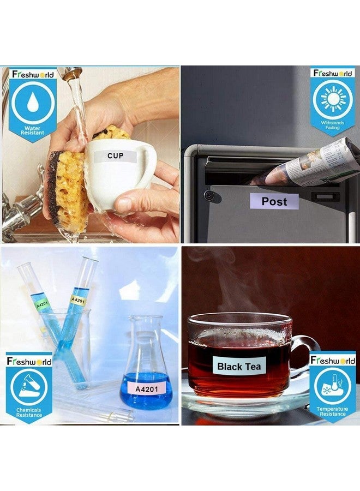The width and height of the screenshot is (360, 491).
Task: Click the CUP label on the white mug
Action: tap(115, 155)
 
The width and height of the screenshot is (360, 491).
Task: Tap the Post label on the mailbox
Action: tap(274, 201)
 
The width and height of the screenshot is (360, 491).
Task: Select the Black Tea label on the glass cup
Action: tap(239, 366)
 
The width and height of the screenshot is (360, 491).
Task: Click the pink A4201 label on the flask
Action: tap(147, 388)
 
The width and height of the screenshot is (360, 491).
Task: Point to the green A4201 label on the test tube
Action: tap(41, 304)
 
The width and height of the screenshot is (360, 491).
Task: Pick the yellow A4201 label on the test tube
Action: tap(77, 300)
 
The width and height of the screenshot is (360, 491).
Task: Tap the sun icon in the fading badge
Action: tap(333, 99)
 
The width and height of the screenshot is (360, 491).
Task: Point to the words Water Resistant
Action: tap(32, 130)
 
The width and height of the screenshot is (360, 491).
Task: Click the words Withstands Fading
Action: tap(332, 125)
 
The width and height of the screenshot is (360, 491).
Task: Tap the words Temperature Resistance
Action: tap(332, 411)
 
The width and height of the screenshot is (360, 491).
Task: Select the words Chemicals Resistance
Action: tap(29, 412)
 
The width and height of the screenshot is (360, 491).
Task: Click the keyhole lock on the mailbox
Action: tap(208, 195)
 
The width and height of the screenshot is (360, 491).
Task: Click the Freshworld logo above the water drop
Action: tap(33, 74)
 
